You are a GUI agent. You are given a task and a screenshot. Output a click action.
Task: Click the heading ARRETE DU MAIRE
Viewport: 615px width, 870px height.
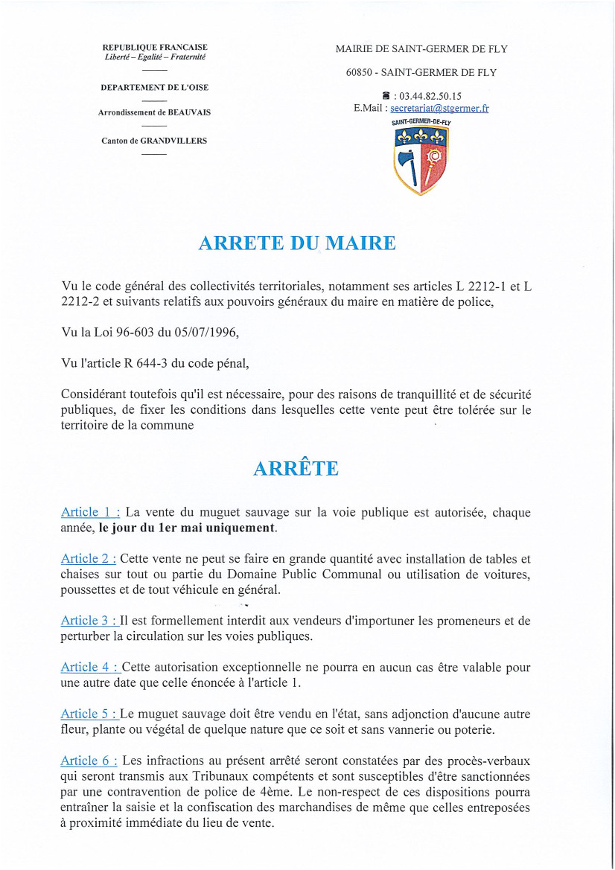[x=296, y=243]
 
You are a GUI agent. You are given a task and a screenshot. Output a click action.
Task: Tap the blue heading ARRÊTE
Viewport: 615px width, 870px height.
[x=296, y=468]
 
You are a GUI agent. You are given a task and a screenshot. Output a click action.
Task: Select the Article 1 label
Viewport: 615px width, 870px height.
[x=90, y=512]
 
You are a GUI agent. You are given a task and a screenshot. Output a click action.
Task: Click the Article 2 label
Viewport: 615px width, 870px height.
[x=88, y=558]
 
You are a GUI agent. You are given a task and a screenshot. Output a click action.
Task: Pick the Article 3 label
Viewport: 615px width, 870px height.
[x=89, y=620]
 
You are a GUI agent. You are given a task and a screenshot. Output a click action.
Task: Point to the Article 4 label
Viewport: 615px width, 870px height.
[x=89, y=667]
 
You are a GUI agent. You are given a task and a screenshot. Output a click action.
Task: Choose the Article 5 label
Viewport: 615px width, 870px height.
[x=89, y=714]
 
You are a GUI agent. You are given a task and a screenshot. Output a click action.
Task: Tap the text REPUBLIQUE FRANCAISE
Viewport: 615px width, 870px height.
[x=155, y=47]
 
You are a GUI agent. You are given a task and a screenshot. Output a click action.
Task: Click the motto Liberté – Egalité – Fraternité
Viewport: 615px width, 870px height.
[x=155, y=57]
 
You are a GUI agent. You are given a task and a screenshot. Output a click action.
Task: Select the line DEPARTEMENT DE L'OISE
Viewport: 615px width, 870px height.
[x=155, y=87]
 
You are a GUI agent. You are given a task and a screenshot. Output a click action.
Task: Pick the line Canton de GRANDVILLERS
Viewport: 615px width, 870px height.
[x=155, y=141]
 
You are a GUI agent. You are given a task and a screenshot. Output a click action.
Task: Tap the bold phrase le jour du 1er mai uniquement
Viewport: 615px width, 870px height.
[x=187, y=528]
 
